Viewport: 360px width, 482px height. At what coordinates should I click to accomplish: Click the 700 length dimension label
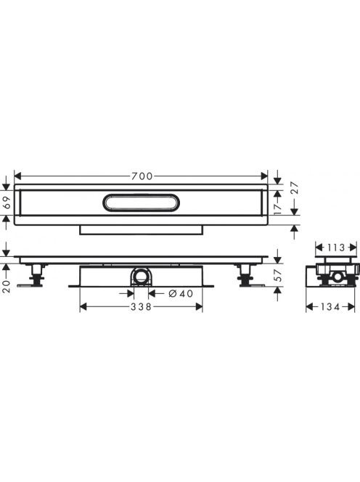click(142, 176)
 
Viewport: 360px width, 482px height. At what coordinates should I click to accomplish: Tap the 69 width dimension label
click(7, 203)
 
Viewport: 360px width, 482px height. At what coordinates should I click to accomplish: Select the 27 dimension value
click(294, 188)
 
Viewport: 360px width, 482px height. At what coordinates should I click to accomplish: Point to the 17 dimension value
click(278, 208)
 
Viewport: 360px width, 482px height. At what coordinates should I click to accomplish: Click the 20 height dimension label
click(7, 286)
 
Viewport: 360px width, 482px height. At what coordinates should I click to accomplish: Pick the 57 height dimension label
click(277, 275)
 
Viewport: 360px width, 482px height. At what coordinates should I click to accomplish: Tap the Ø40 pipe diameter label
click(181, 294)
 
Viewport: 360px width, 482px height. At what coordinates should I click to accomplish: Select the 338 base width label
click(141, 307)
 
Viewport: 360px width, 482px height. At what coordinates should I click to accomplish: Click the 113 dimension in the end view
click(335, 248)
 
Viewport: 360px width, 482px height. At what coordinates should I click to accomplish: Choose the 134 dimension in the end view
click(330, 306)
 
